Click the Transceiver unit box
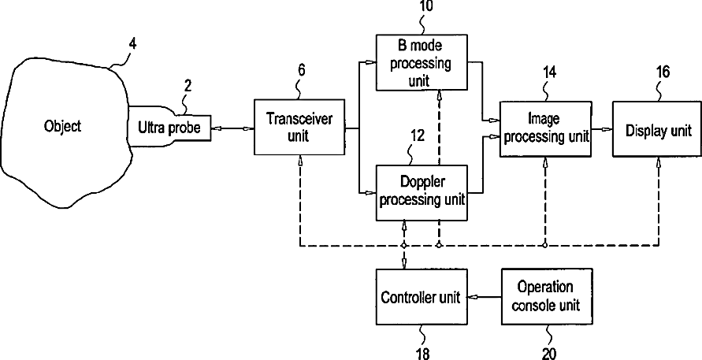click(x=299, y=128)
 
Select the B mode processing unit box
click(x=422, y=62)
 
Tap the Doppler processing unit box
click(x=422, y=192)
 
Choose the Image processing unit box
click(x=544, y=128)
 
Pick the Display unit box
click(x=657, y=129)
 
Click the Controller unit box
click(x=422, y=297)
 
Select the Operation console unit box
click(x=547, y=296)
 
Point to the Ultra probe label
click(x=169, y=128)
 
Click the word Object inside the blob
click(x=63, y=126)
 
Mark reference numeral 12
click(x=417, y=136)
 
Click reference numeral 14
click(x=549, y=72)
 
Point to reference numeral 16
click(x=663, y=72)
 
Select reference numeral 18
click(x=422, y=354)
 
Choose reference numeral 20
click(x=549, y=354)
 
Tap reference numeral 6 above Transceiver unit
click(x=302, y=72)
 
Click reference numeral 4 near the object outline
click(x=132, y=44)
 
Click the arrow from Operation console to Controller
click(x=485, y=296)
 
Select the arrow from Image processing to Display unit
click(x=601, y=129)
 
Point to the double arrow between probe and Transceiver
click(x=232, y=128)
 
